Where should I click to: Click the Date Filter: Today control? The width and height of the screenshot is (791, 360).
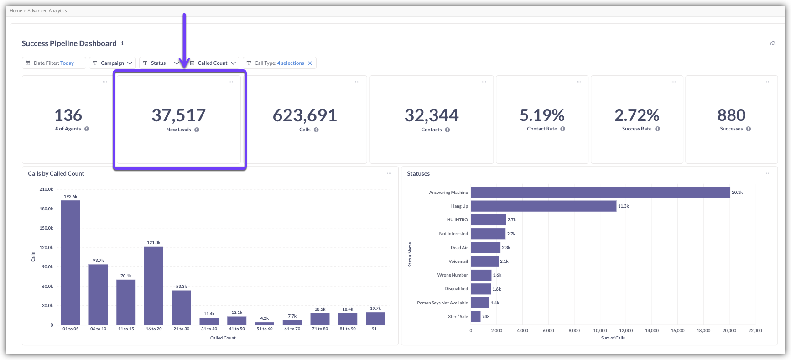[x=54, y=63]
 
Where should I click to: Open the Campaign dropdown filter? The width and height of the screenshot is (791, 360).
[x=112, y=63]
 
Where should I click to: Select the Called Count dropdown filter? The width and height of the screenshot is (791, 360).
[x=213, y=63]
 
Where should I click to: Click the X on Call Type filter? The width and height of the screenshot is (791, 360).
[x=310, y=63]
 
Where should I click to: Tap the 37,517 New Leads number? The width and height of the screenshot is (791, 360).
[x=179, y=115]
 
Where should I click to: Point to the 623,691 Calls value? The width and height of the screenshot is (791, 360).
[x=305, y=115]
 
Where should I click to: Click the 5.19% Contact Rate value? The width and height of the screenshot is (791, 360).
[x=542, y=115]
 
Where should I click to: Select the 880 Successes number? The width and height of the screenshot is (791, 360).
[x=731, y=115]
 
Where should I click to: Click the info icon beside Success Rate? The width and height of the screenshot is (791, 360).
[x=657, y=129]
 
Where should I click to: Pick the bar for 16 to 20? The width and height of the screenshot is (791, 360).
[x=154, y=286]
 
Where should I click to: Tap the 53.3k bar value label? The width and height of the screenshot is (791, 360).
[x=182, y=287]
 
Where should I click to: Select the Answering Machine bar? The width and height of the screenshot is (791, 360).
[x=600, y=193]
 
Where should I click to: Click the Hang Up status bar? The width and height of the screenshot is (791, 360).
[x=543, y=206]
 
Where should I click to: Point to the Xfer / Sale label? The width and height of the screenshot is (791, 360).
[x=458, y=317]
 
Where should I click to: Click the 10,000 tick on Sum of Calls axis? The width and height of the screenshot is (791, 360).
[x=600, y=331]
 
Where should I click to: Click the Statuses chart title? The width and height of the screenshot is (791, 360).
[x=418, y=174]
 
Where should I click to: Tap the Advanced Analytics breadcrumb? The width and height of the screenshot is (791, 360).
[x=47, y=11]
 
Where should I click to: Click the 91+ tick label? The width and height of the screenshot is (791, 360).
[x=375, y=329]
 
